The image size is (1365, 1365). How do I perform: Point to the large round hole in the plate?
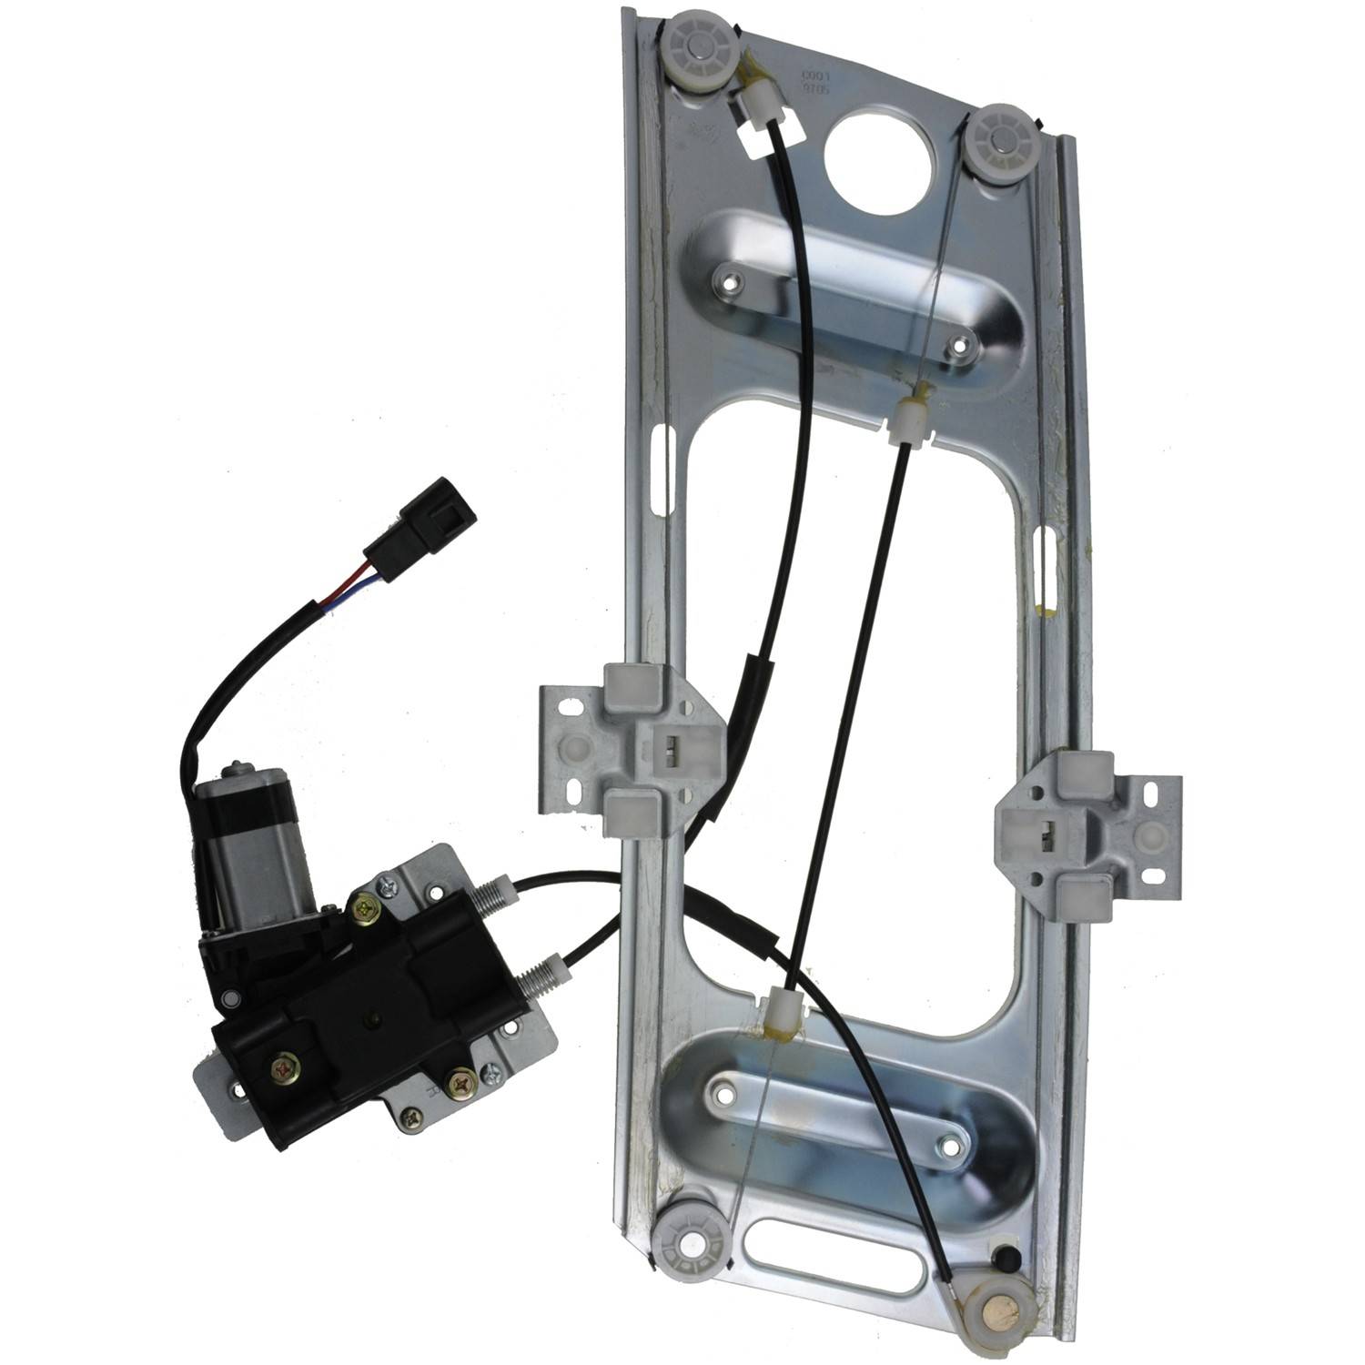879,157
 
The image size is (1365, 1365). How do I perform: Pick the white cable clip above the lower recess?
780,1007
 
